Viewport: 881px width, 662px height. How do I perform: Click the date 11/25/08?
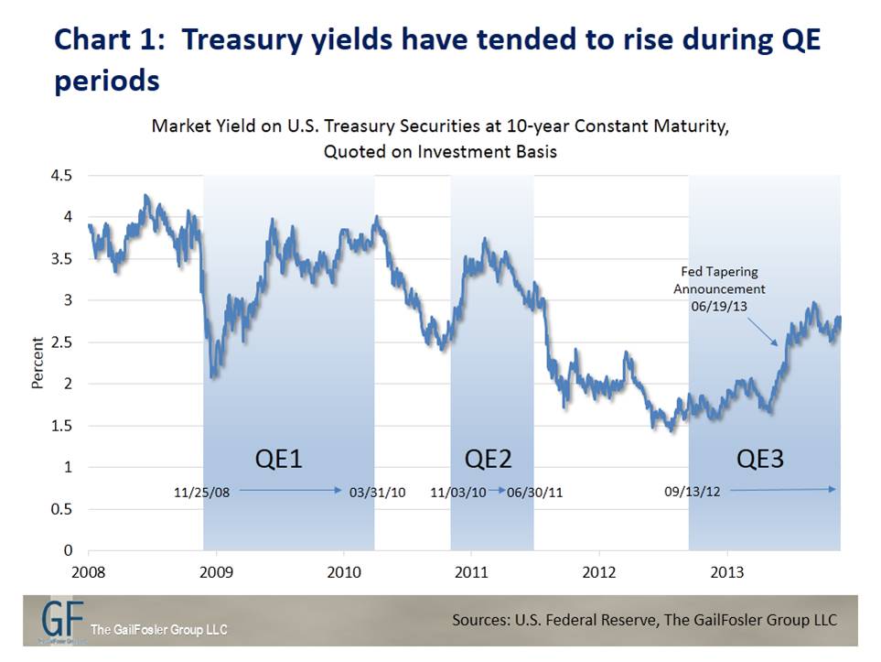[201, 493]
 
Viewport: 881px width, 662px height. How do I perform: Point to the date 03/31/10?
[377, 493]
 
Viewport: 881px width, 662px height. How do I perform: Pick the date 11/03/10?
[458, 493]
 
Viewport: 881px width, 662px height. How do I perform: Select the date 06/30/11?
[535, 493]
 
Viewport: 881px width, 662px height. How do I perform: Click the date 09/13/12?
[693, 492]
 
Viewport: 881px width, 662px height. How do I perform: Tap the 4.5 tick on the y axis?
[64, 176]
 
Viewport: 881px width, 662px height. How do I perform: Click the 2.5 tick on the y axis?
[64, 342]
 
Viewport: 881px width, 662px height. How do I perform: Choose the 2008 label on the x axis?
[89, 571]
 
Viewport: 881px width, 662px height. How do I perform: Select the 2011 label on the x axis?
[471, 571]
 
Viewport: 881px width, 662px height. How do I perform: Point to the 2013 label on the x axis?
[726, 571]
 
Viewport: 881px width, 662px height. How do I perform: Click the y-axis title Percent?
[38, 364]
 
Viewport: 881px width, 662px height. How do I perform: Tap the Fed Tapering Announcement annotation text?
[719, 289]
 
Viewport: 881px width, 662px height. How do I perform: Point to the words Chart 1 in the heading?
[100, 41]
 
